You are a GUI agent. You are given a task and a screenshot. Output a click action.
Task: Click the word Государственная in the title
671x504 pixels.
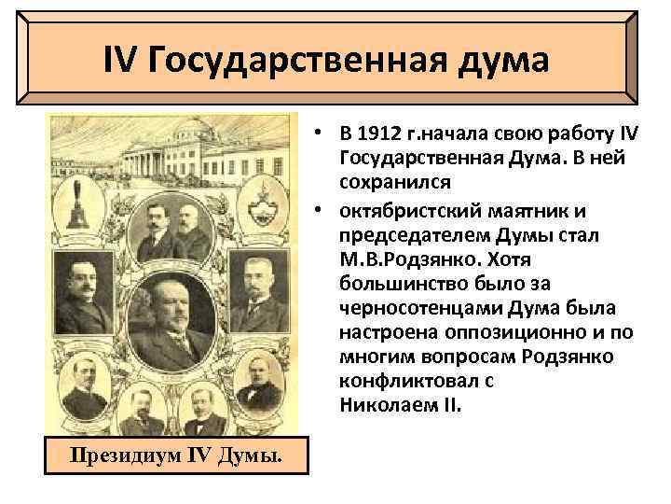[303, 62]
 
